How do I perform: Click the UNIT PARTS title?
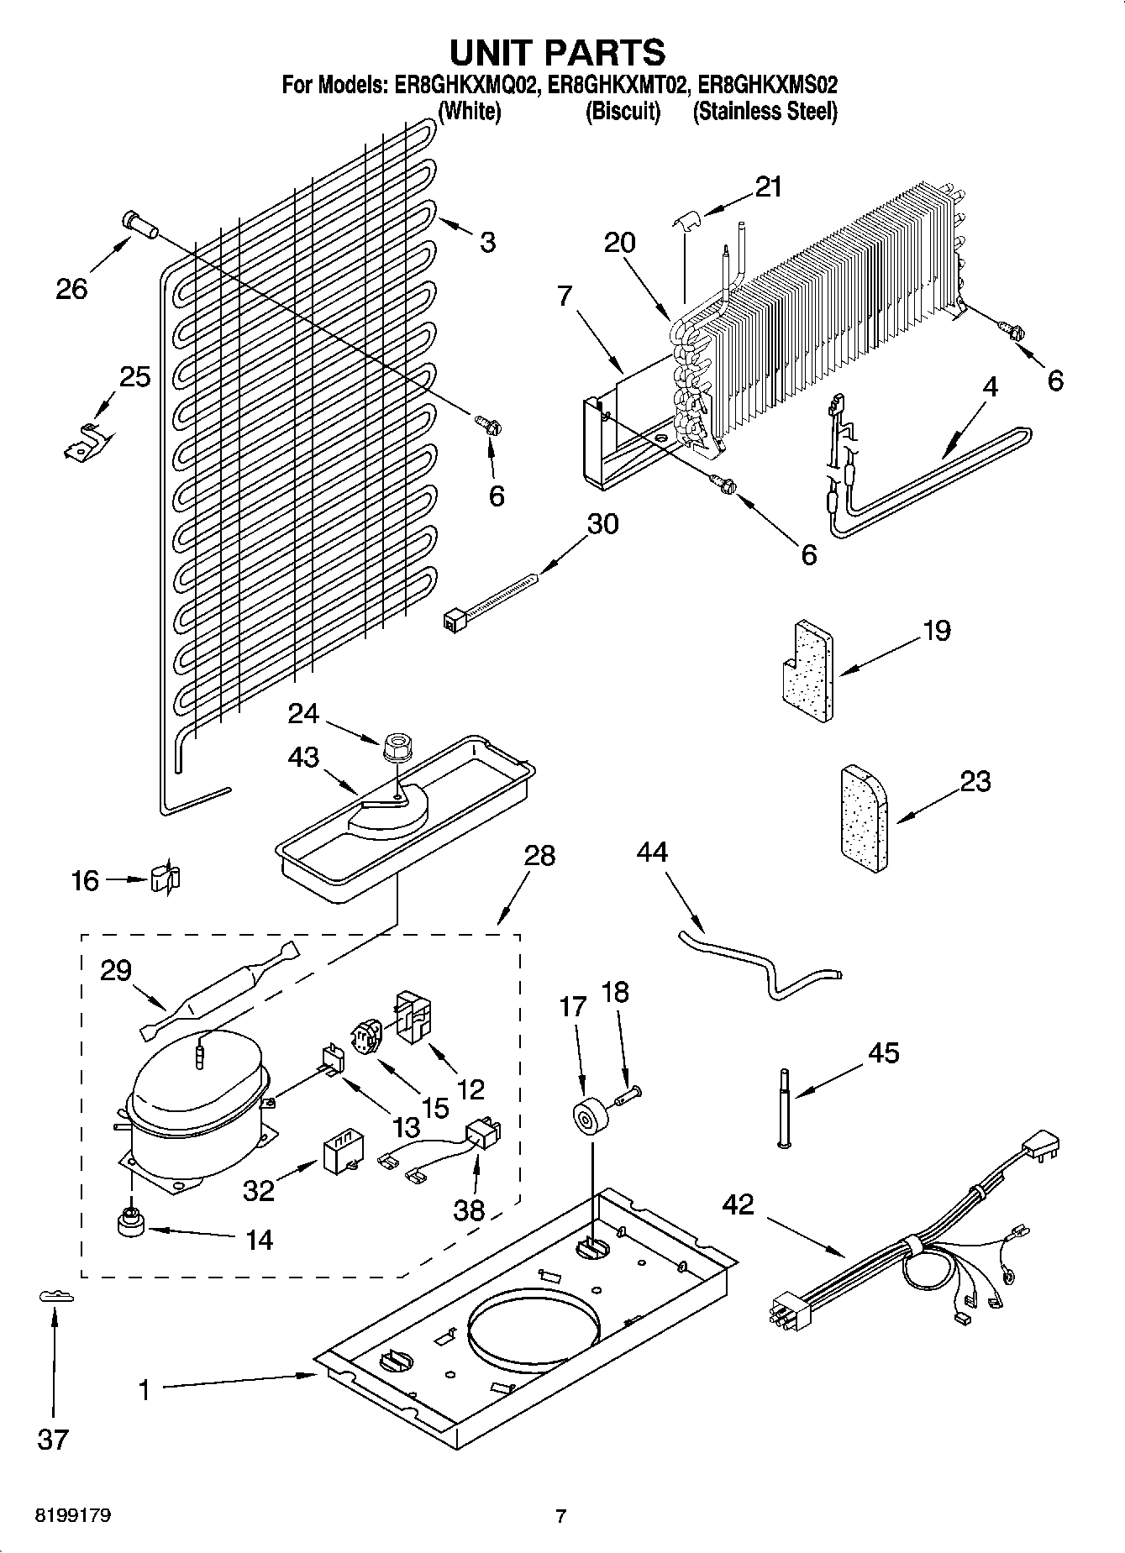[557, 52]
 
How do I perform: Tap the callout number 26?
[71, 290]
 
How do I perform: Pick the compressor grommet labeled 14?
[130, 1223]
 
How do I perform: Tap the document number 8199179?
[74, 1516]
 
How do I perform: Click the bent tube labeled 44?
[760, 964]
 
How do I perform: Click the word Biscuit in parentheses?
[623, 111]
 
